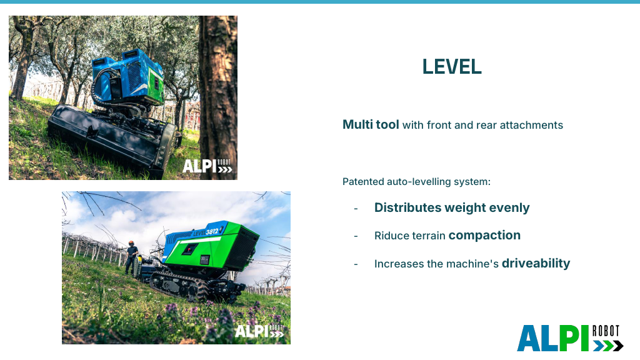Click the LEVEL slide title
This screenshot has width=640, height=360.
(x=452, y=66)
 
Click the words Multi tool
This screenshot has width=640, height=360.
(x=371, y=124)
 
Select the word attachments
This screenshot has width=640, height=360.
(x=531, y=125)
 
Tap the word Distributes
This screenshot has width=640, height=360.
(x=407, y=207)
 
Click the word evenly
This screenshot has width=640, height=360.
(x=509, y=207)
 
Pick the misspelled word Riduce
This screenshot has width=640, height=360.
(x=389, y=236)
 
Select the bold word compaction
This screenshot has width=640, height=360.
(x=484, y=236)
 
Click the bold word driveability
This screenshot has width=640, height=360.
(x=536, y=263)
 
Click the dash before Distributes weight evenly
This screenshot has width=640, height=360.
(x=356, y=209)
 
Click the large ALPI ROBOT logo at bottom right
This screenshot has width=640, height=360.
(x=570, y=338)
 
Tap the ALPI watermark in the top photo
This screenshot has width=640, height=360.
(x=207, y=166)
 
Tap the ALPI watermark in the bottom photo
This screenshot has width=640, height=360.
(x=259, y=331)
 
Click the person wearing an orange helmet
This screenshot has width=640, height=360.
(x=131, y=257)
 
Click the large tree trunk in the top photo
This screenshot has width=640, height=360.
(x=217, y=94)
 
